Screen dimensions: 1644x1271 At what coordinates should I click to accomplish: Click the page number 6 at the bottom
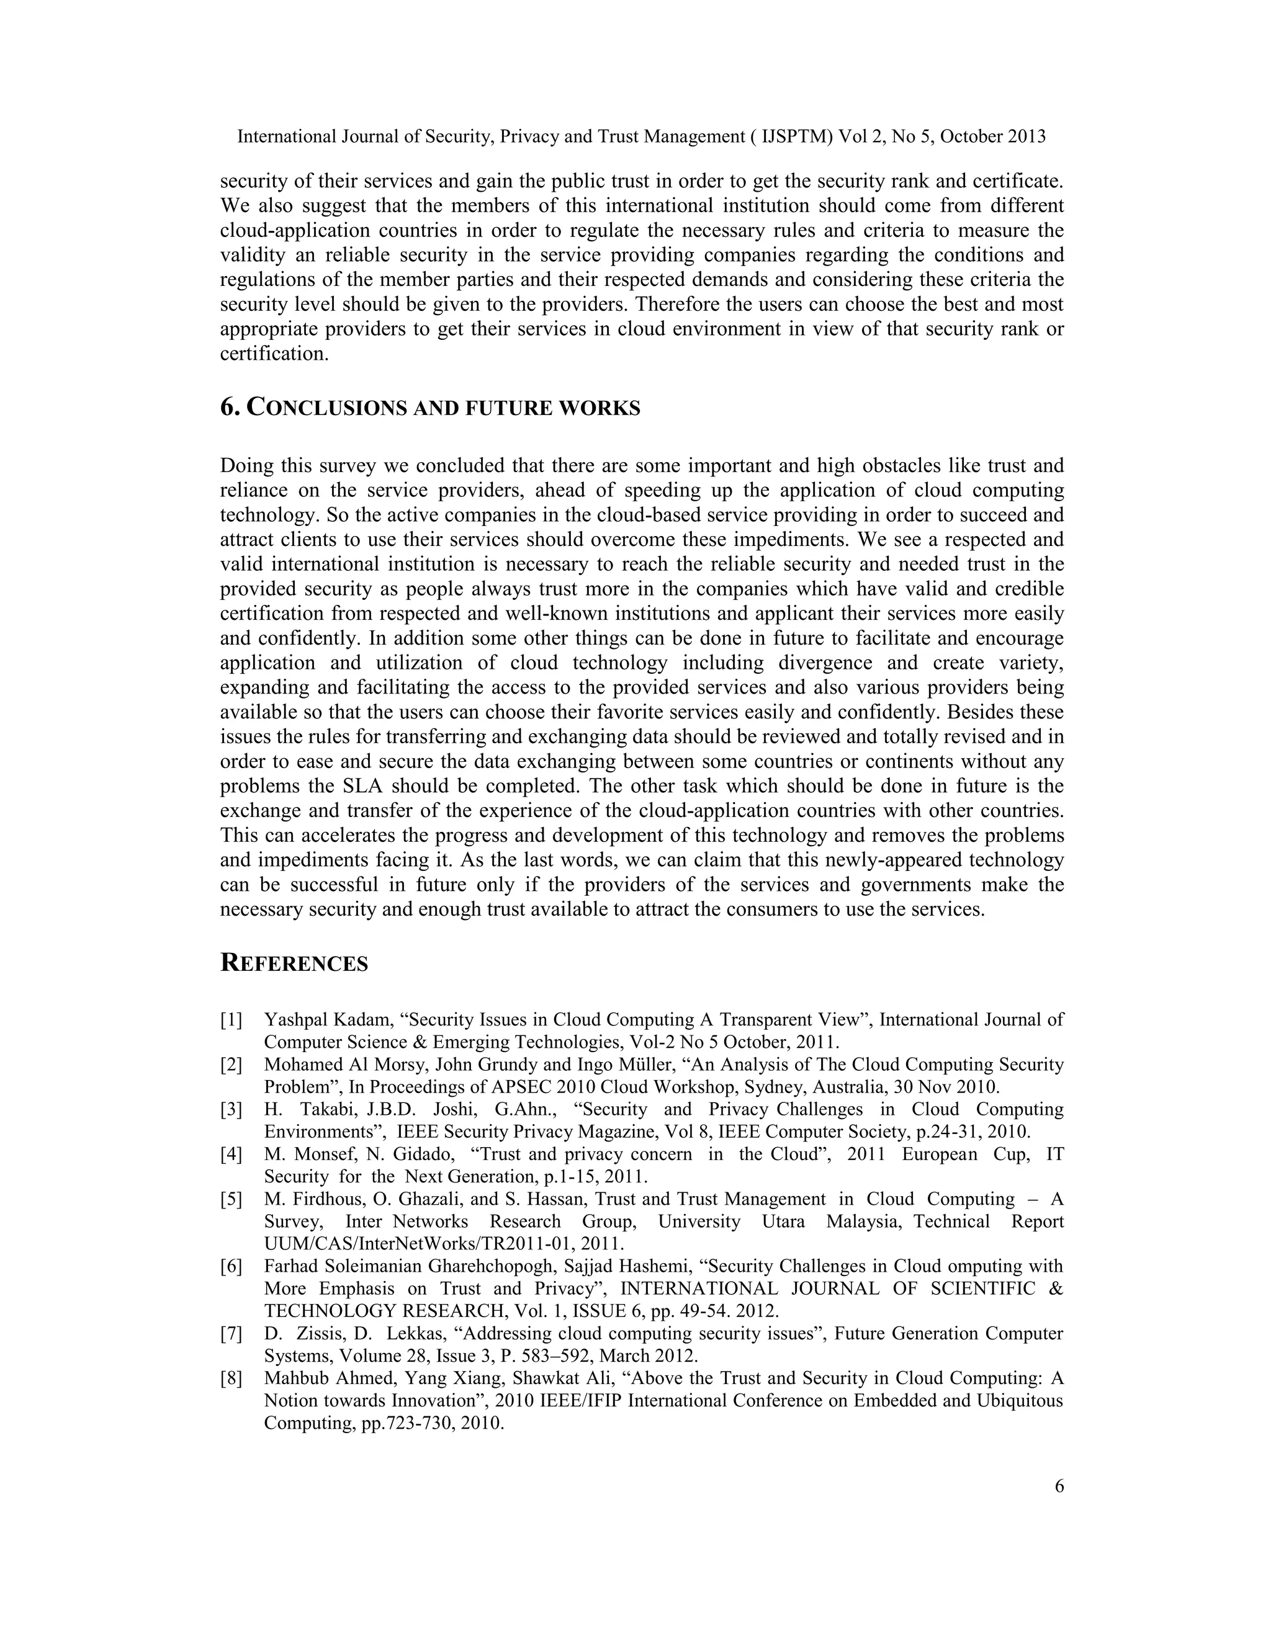(x=1059, y=1486)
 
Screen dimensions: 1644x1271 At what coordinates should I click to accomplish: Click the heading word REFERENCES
(x=294, y=963)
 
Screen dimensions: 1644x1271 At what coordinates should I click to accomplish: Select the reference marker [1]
(x=231, y=1020)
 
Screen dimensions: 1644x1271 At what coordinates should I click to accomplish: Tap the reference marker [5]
(x=231, y=1199)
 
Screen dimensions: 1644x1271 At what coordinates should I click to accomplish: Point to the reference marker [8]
(x=231, y=1378)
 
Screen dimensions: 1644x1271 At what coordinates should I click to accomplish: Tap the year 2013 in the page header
(x=1025, y=137)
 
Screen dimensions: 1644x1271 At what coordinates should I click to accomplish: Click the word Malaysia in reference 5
(x=863, y=1221)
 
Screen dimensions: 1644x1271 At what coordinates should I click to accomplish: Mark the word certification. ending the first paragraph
(x=274, y=354)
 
